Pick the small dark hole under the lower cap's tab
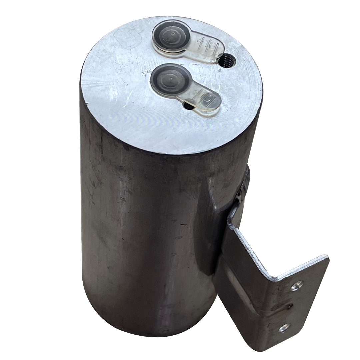pyautogui.click(x=188, y=106)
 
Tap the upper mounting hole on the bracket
pyautogui.click(x=296, y=285)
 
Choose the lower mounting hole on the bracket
pyautogui.click(x=284, y=328)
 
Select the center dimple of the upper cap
pyautogui.click(x=171, y=35)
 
